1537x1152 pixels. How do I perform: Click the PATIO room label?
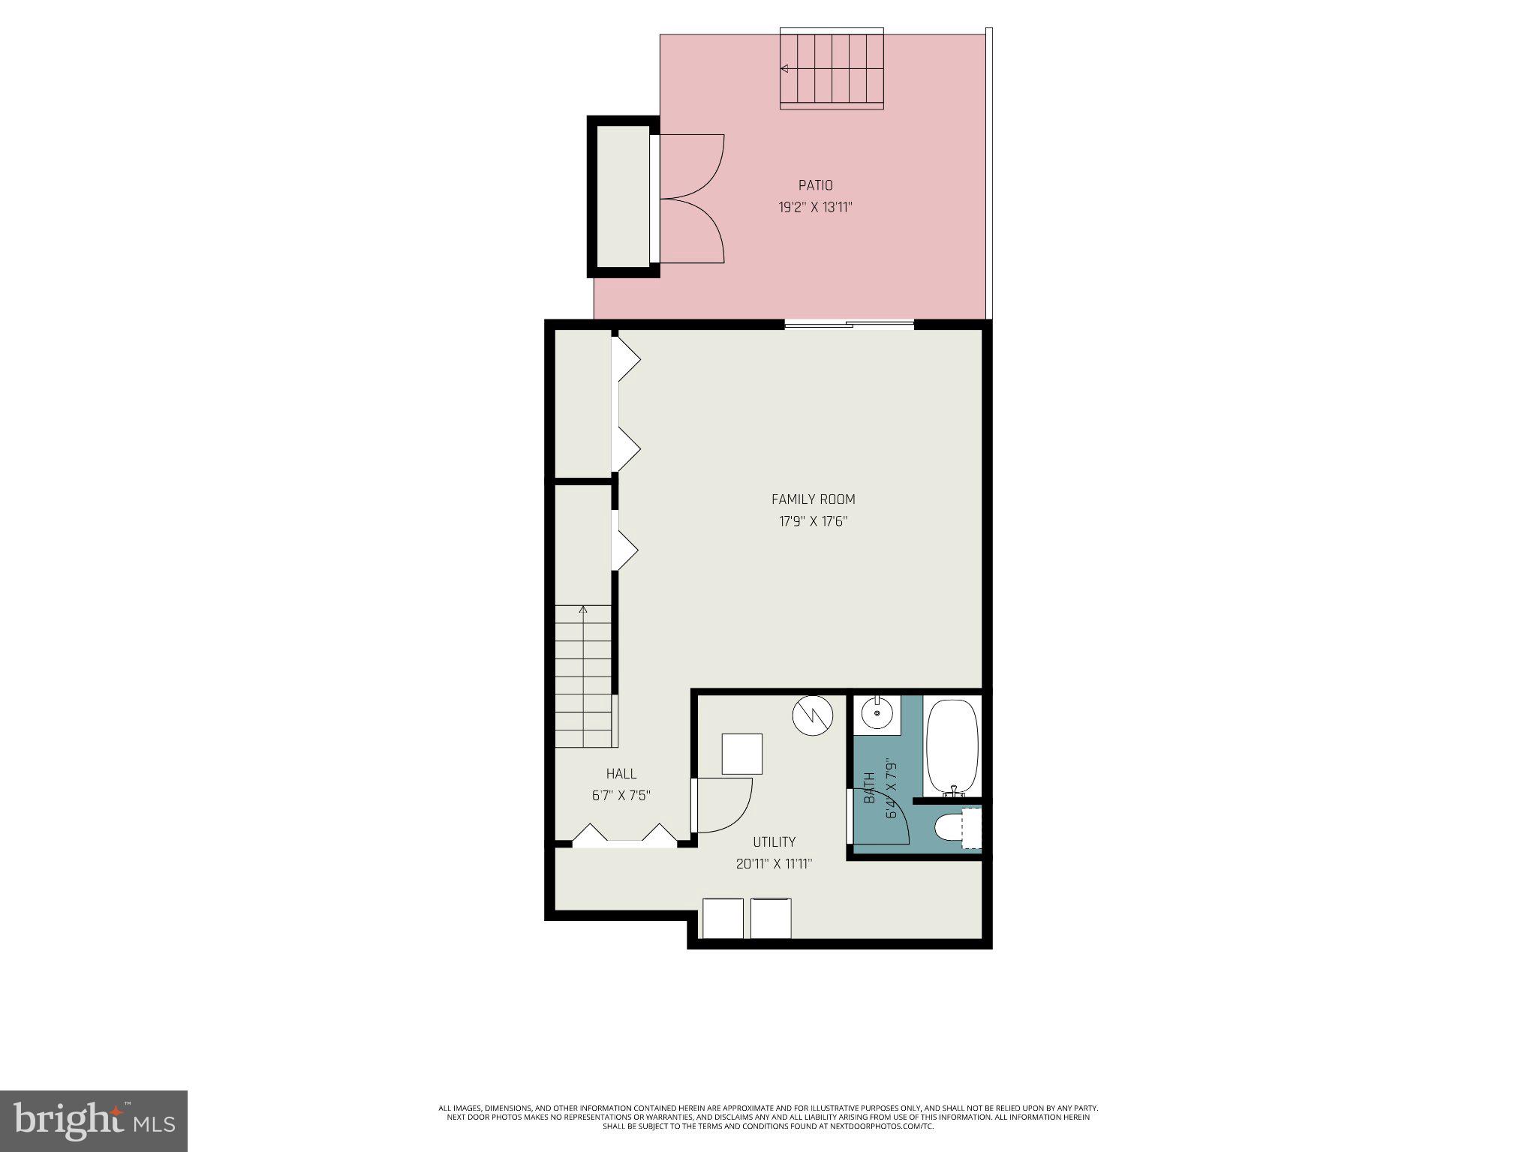pyautogui.click(x=815, y=185)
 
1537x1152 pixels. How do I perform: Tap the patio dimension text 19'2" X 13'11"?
pyautogui.click(x=815, y=207)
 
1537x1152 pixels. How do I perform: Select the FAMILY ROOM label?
pyautogui.click(x=813, y=499)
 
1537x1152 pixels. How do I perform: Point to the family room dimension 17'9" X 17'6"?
pyautogui.click(x=813, y=521)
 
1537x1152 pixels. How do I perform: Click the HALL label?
pyautogui.click(x=621, y=774)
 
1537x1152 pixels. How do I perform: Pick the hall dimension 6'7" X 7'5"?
pyautogui.click(x=621, y=796)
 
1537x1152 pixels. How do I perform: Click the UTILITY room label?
pyautogui.click(x=774, y=842)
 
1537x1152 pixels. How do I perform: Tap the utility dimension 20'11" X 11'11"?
pyautogui.click(x=774, y=864)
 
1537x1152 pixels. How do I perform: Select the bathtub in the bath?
pyautogui.click(x=952, y=745)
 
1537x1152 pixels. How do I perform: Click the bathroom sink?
pyautogui.click(x=877, y=713)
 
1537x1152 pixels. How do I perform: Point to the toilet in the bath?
pyautogui.click(x=950, y=828)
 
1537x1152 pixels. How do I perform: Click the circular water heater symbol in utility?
pyautogui.click(x=813, y=715)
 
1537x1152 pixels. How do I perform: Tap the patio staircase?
pyautogui.click(x=832, y=69)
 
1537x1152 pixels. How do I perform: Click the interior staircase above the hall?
pyautogui.click(x=583, y=675)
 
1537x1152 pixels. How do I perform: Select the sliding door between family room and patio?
pyautogui.click(x=850, y=325)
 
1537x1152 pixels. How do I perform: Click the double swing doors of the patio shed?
pyautogui.click(x=692, y=199)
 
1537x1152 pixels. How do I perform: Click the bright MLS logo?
pyautogui.click(x=94, y=1120)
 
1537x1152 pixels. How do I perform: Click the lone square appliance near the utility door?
pyautogui.click(x=741, y=754)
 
